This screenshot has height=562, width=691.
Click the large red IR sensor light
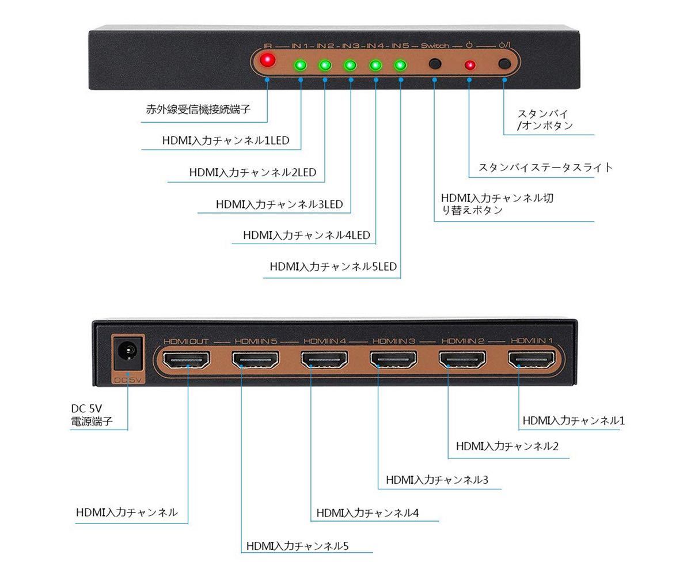268,60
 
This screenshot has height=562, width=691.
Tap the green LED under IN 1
301,65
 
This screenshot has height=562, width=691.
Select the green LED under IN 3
350,65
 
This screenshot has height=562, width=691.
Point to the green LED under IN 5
400,65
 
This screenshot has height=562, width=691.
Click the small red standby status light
470,65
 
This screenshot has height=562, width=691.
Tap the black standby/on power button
504,63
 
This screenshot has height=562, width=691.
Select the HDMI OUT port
186,360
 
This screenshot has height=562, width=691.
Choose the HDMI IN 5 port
256,360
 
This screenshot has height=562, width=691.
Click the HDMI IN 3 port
393,360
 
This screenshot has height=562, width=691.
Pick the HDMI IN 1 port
531,359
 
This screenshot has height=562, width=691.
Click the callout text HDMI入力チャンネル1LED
226,140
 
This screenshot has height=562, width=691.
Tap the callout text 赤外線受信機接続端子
198,109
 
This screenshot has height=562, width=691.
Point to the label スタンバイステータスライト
546,168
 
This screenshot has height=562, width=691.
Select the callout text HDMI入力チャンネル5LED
333,267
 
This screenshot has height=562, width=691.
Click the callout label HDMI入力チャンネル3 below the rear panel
437,480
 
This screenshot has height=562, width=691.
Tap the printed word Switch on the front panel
435,45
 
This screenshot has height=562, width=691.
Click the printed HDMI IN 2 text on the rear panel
463,341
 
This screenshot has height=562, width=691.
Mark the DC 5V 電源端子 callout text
92,415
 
